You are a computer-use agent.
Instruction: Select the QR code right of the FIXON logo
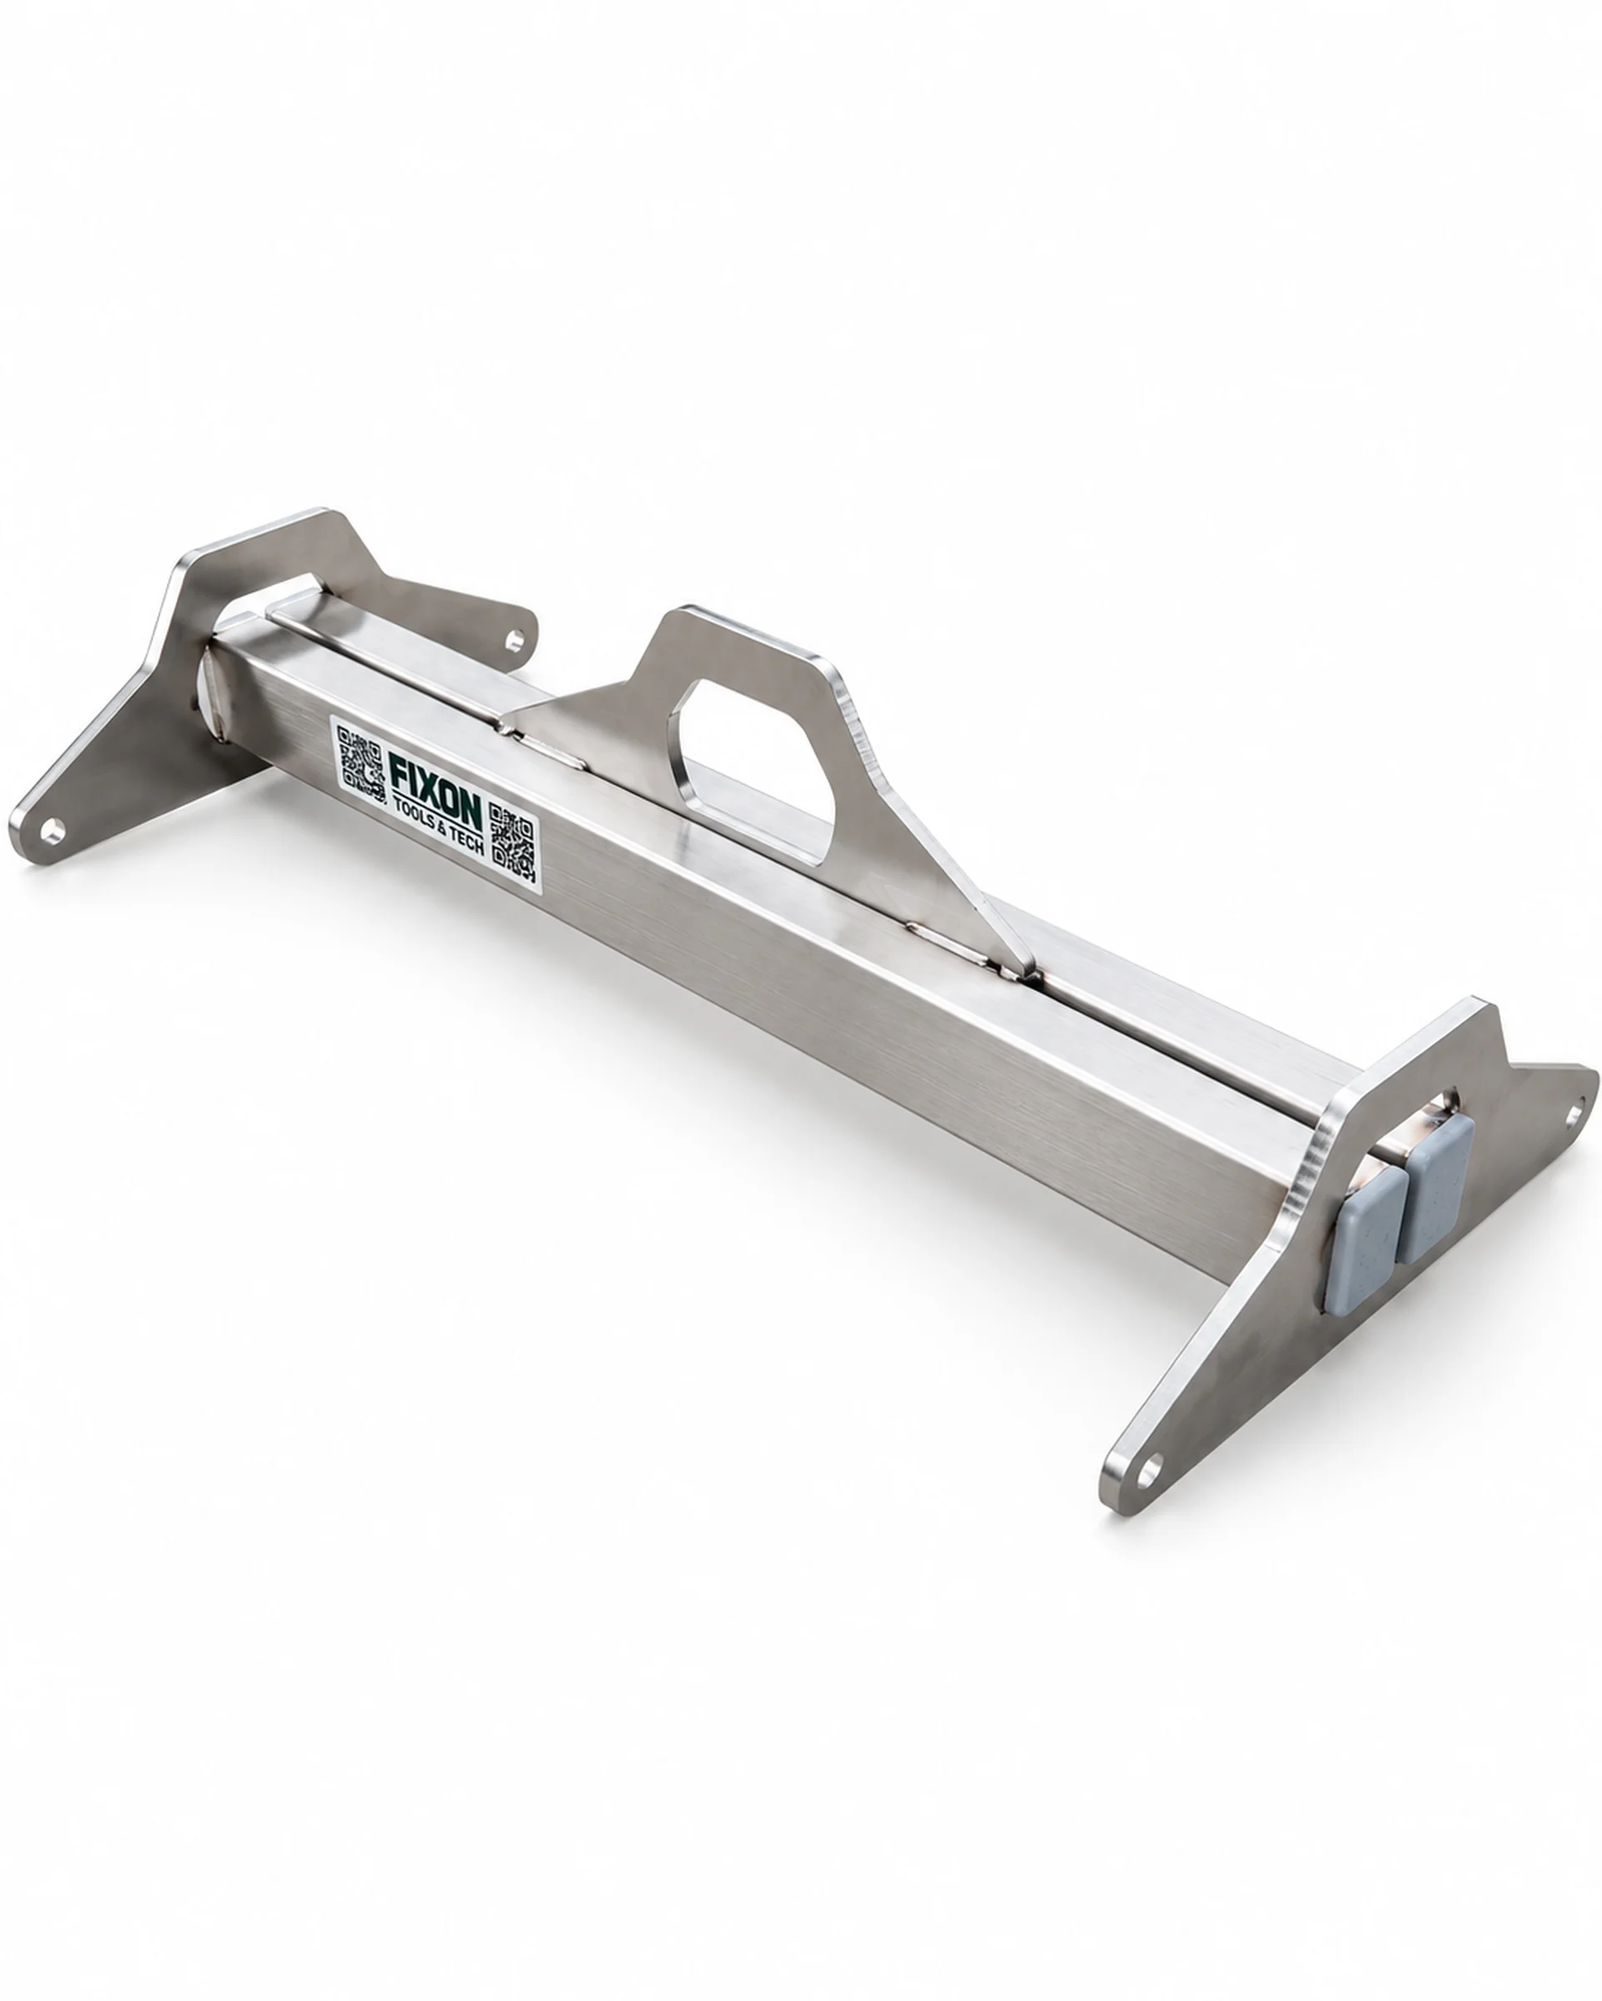click(512, 842)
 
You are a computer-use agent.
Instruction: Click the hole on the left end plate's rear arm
click(513, 637)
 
